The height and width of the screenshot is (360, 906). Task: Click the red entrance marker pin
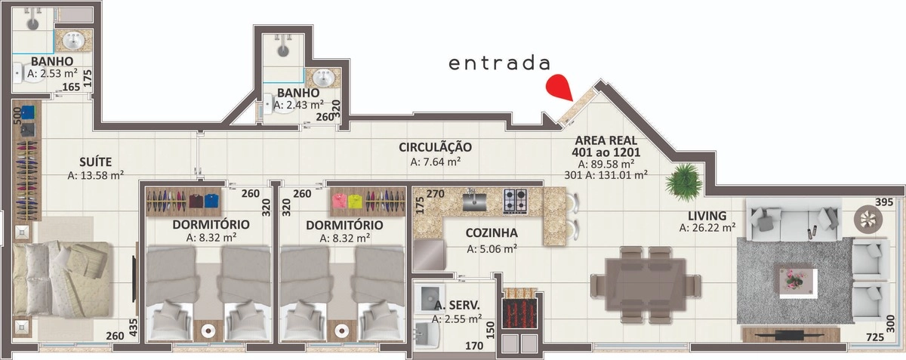(560, 88)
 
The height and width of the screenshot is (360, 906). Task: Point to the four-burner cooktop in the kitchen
(516, 200)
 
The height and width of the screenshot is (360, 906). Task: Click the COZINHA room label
(491, 233)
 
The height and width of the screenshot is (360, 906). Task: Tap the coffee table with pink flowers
(795, 278)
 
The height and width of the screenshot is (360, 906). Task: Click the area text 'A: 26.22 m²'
(707, 227)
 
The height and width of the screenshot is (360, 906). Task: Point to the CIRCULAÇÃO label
(436, 147)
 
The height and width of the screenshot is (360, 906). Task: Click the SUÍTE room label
(96, 161)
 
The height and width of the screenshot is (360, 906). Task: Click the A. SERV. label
(458, 306)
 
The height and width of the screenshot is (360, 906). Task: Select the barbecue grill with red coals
(519, 309)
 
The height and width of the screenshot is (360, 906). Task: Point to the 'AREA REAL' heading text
(606, 140)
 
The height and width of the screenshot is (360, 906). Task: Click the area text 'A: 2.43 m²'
(298, 106)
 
